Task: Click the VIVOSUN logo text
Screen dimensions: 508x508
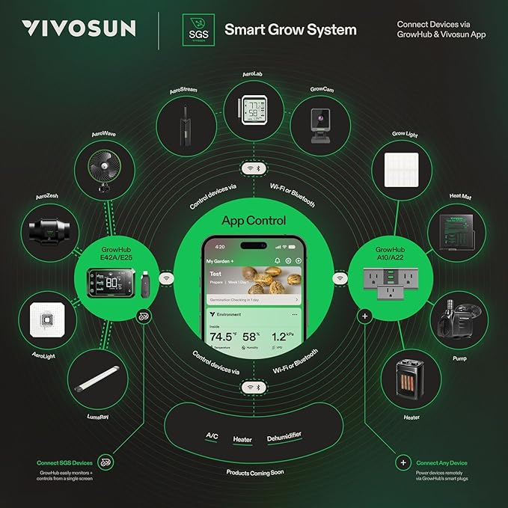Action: click(79, 29)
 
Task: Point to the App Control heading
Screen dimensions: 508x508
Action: click(254, 221)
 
